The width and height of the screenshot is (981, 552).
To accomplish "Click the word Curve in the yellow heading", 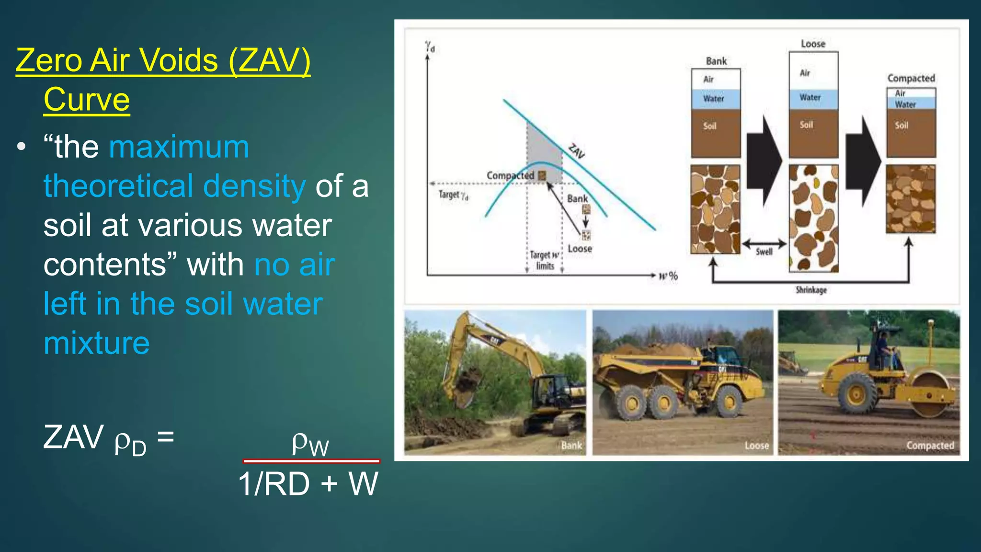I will (x=87, y=100).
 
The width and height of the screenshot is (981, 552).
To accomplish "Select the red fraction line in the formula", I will (x=311, y=461).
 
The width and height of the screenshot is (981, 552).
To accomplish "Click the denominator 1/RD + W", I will (x=308, y=484).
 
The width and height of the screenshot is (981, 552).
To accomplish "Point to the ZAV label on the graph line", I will (x=577, y=151).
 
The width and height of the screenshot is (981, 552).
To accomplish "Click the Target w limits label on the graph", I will (x=545, y=261).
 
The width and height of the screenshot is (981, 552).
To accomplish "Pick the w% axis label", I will (x=668, y=276).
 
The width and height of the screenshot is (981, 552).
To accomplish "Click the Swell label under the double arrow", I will (x=764, y=252).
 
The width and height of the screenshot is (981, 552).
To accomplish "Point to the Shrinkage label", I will (x=811, y=290).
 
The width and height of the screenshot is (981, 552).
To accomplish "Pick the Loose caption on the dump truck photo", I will (x=757, y=446).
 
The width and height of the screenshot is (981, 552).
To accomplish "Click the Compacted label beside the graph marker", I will (x=510, y=176).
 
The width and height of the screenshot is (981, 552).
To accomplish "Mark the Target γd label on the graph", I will (x=453, y=195).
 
